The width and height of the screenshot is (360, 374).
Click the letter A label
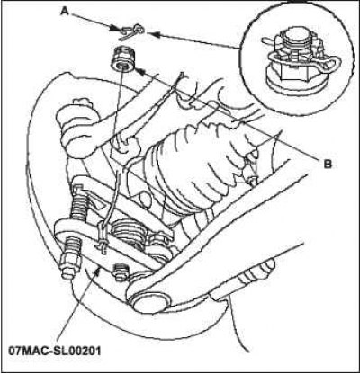64,12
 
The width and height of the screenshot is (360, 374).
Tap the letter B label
328,164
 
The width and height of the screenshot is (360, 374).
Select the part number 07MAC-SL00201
55,350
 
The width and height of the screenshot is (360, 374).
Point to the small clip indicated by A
131,31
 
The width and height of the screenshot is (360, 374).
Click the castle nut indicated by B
123,59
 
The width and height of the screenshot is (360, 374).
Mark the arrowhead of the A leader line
114,29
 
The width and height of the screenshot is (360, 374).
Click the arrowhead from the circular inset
151,34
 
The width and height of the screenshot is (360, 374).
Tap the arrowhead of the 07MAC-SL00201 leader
98,269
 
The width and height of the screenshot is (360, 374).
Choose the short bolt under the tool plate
120,272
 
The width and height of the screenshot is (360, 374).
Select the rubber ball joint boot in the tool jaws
128,232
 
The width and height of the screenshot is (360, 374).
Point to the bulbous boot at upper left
77,126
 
